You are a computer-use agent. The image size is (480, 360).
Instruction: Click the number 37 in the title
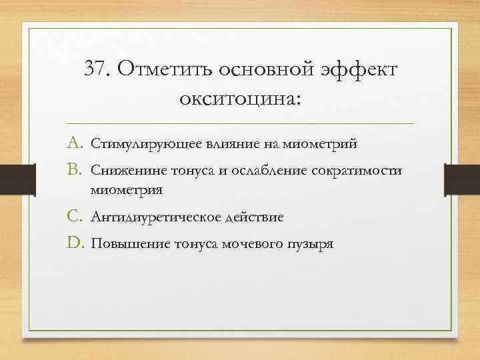pos(97,69)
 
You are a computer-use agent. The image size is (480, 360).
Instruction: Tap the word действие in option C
pos(255,218)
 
